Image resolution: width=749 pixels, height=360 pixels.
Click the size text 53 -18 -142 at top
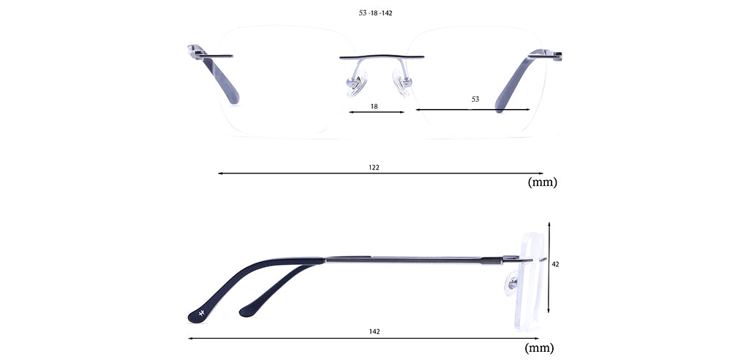coord(375,13)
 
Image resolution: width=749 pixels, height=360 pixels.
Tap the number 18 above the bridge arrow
coord(374,107)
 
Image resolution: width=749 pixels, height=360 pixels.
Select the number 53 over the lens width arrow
coord(475,100)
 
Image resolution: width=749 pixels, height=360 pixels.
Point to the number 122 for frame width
coord(374,168)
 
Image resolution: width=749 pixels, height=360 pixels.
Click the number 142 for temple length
coord(374,331)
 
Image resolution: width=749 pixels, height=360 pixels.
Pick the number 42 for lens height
coord(556,264)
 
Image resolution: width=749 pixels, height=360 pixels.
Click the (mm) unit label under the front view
coord(542,182)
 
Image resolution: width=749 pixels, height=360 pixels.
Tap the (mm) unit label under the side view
coord(539,348)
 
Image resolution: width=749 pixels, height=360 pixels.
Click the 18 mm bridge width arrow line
coord(377,113)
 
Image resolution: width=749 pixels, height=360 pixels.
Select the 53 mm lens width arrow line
coord(473,110)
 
